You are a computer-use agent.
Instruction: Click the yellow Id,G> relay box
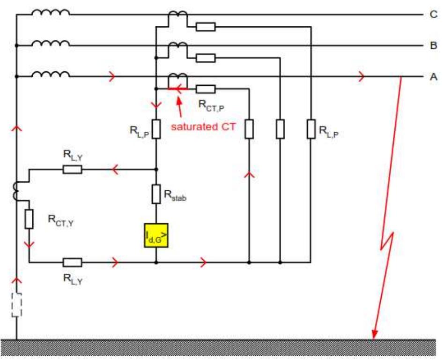pos(155,235)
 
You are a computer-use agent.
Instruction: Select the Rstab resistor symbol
pos(156,194)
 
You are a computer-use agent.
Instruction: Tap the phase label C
pos(434,15)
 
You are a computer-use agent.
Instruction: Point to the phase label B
pos(434,46)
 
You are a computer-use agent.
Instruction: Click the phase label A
pos(434,77)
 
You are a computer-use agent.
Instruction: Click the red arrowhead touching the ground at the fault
pos(374,335)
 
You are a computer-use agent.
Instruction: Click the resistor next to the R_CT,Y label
pos(29,219)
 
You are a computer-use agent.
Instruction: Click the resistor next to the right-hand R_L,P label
pos(310,129)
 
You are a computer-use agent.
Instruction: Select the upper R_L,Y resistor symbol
pos(73,169)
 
